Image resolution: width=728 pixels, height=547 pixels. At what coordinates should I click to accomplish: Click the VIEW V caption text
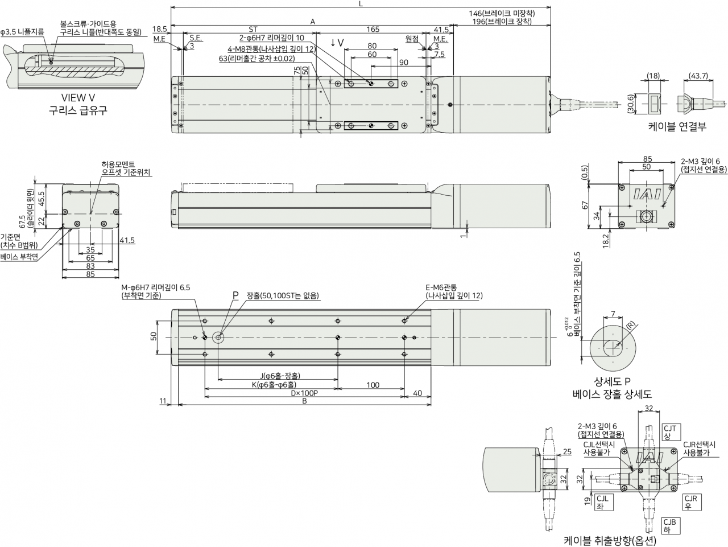[78, 98]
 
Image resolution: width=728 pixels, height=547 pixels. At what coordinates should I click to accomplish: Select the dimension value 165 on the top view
[373, 29]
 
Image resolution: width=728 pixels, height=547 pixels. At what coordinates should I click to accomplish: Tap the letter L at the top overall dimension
[361, 3]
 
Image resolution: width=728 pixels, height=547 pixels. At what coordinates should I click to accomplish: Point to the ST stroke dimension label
[253, 29]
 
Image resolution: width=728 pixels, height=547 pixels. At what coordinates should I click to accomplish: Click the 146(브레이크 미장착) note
[502, 13]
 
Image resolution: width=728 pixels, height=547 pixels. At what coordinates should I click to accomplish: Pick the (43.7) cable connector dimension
[698, 76]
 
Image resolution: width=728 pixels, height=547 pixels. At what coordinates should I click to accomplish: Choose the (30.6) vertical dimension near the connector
[631, 104]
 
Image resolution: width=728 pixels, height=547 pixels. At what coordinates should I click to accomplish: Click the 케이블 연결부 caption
[677, 126]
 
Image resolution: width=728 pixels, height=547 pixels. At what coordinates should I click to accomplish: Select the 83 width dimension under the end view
[90, 266]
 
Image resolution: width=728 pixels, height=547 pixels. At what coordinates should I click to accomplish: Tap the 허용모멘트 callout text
[118, 164]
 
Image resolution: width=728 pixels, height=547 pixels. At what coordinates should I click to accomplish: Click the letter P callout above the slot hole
[235, 295]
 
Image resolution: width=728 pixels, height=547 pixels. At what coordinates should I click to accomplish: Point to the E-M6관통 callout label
[441, 287]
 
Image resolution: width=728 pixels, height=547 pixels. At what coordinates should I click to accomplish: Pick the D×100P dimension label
[304, 393]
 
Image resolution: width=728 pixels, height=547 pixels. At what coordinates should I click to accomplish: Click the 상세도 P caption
[612, 382]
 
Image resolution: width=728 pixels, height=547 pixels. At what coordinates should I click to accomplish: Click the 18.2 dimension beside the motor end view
[606, 241]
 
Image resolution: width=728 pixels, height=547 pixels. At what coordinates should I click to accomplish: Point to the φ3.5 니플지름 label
[23, 32]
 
